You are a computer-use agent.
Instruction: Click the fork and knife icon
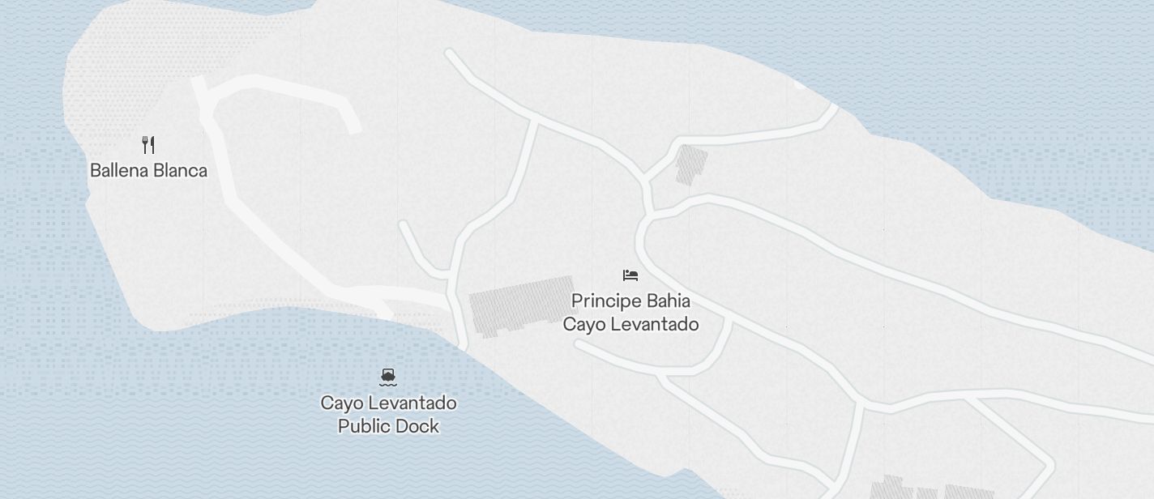pos(148,145)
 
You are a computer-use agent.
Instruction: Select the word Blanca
pos(182,171)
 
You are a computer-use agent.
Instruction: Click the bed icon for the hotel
pos(630,275)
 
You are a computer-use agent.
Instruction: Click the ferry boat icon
pos(388,376)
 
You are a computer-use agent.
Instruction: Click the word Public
pos(365,427)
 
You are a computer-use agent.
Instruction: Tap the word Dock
pos(419,427)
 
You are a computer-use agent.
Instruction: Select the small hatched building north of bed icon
pos(691,164)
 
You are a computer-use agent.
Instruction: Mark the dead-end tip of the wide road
pos(354,128)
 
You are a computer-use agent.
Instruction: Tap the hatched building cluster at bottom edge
pos(932,490)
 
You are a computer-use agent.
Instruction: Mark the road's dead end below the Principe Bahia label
pos(579,343)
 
